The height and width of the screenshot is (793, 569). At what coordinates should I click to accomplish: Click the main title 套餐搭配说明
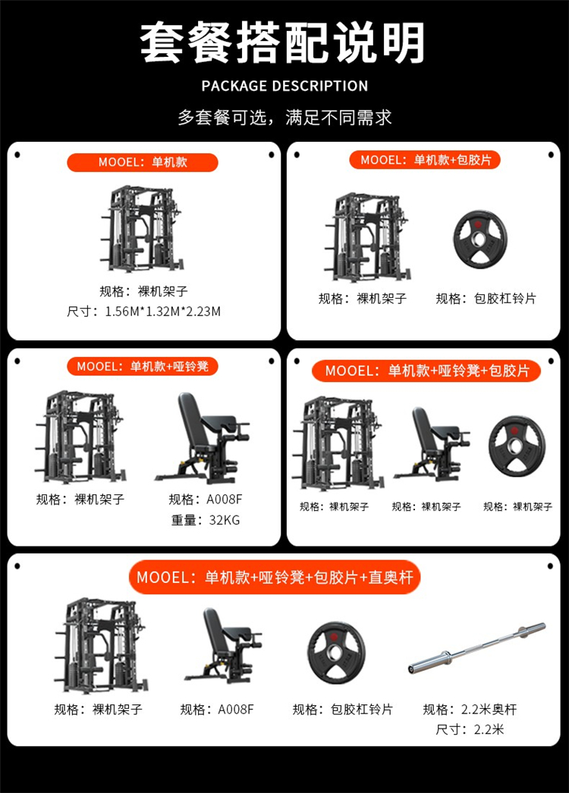[282, 42]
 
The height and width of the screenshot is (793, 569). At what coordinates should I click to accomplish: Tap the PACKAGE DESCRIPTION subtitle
[284, 86]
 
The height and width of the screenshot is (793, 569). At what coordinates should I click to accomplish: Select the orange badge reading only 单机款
[143, 162]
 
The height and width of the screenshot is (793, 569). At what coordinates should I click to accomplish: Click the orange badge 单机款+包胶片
[425, 160]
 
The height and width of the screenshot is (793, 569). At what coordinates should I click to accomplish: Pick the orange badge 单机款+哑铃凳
[143, 366]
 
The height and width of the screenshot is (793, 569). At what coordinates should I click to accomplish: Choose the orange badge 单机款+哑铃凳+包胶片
[426, 371]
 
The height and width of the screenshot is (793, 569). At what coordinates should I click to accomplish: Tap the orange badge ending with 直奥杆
[275, 577]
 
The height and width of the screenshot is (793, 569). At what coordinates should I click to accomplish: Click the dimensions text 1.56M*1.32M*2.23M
[162, 312]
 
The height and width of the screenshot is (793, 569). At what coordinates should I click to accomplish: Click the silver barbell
[477, 648]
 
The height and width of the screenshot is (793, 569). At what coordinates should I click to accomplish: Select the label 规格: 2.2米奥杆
[470, 710]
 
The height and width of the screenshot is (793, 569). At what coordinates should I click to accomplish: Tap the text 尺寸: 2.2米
[470, 730]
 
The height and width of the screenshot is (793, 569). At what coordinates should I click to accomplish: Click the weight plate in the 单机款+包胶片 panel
[479, 239]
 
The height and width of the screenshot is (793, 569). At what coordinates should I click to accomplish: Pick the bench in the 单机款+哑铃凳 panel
[203, 438]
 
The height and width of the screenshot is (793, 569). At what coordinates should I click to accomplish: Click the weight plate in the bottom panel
[336, 653]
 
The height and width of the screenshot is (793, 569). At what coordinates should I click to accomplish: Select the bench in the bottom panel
[223, 645]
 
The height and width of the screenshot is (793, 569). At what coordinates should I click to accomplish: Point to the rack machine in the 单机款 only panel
[141, 229]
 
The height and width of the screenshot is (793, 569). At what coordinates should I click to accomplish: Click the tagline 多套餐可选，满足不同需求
[284, 118]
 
